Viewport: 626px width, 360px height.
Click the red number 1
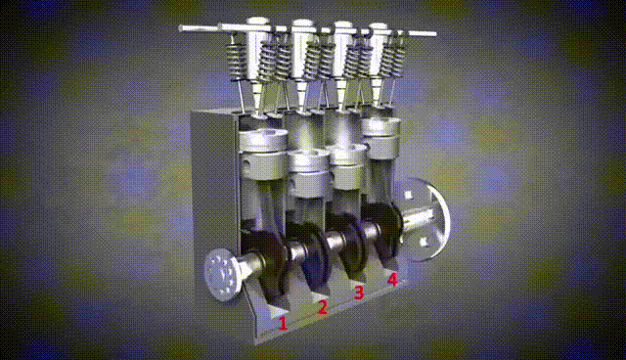tap(283, 323)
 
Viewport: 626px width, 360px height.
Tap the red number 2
tap(322, 306)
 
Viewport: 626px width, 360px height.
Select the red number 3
tap(359, 292)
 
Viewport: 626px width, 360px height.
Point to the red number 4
tap(392, 279)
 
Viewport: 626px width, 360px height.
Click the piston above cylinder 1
tap(263, 154)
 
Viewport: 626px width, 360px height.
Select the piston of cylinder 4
tap(381, 137)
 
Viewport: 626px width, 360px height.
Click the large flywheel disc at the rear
tap(430, 219)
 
